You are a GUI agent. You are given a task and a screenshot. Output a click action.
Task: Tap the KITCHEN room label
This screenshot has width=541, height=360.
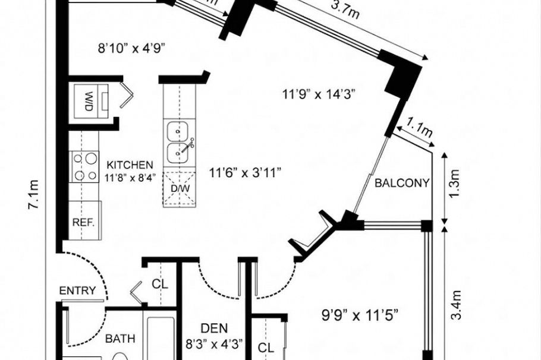tap(130, 165)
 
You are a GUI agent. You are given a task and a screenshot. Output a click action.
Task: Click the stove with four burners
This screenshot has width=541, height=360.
tap(84, 167)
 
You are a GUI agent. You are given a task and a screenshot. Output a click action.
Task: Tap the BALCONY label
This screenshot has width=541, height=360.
tap(402, 184)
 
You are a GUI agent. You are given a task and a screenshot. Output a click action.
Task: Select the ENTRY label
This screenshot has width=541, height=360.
tap(78, 290)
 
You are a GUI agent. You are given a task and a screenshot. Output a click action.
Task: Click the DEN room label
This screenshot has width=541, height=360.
tap(211, 327)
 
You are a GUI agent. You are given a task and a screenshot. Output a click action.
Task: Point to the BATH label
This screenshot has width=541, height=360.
tap(120, 339)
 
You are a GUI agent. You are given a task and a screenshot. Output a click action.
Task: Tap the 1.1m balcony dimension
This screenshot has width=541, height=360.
tap(419, 127)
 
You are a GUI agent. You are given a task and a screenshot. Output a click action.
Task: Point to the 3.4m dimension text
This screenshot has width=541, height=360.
tap(457, 305)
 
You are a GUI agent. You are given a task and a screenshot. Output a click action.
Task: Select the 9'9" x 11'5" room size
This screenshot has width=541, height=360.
tap(352, 315)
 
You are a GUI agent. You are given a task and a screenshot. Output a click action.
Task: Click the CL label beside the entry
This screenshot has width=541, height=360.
tap(160, 284)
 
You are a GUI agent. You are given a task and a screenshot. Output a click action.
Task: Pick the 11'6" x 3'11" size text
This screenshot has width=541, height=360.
tap(245, 173)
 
